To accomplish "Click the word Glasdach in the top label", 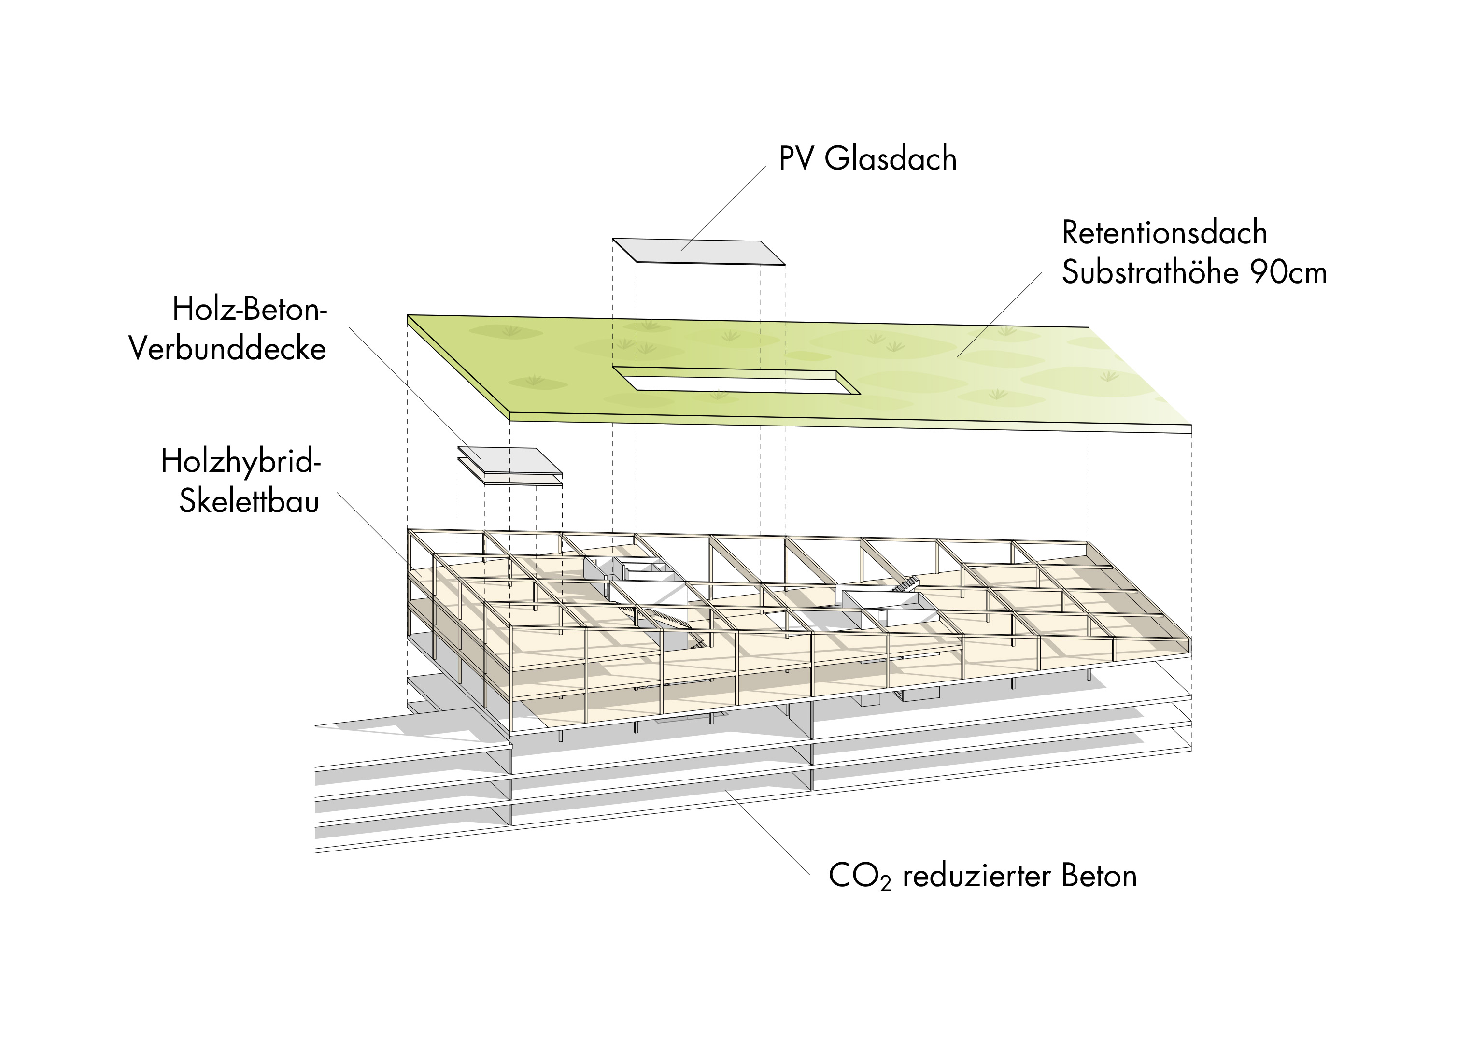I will pyautogui.click(x=891, y=159).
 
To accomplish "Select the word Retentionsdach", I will pyautogui.click(x=1164, y=233).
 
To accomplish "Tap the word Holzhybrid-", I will pyautogui.click(x=241, y=461).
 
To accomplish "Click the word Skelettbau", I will pyautogui.click(x=249, y=501).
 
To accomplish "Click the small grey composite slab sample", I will pyautogui.click(x=509, y=461).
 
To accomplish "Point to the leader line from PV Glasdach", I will pyautogui.click(x=723, y=208).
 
